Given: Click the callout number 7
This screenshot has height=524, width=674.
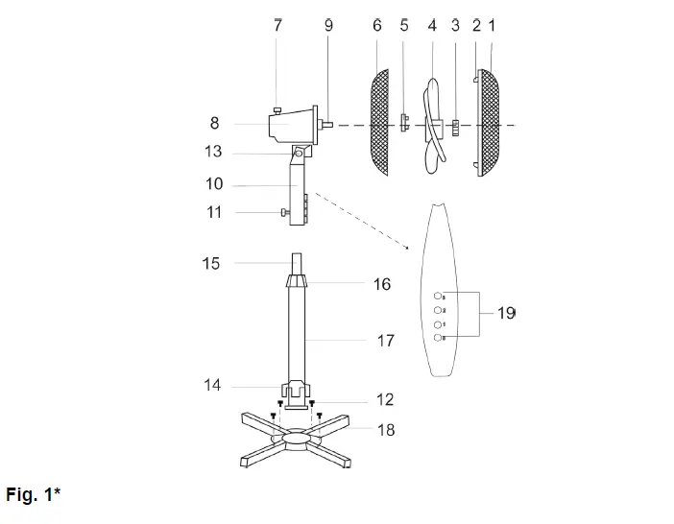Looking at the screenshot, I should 277,26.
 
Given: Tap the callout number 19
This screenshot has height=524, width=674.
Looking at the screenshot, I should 506,313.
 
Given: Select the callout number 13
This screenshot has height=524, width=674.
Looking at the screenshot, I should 213,152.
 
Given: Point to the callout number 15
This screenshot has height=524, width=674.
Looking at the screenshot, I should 211,263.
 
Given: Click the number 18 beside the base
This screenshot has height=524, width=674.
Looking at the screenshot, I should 385,430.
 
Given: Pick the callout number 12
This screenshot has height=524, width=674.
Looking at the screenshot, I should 385,398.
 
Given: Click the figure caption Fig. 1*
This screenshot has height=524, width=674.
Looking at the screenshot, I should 34,495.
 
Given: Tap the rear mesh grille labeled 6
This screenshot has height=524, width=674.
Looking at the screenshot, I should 381,122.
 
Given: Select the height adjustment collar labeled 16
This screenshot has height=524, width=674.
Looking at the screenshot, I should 298,281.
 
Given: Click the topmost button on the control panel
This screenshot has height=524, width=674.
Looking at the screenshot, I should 439,297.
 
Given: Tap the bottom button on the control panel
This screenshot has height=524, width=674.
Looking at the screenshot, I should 439,338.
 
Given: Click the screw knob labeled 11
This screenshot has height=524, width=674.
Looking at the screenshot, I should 281,212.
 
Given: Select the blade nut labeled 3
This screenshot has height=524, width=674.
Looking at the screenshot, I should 456,125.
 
